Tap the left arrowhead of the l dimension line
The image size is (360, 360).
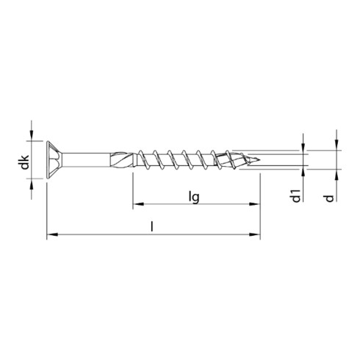click(x=51, y=236)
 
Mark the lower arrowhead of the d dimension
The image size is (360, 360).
click(x=336, y=175)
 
